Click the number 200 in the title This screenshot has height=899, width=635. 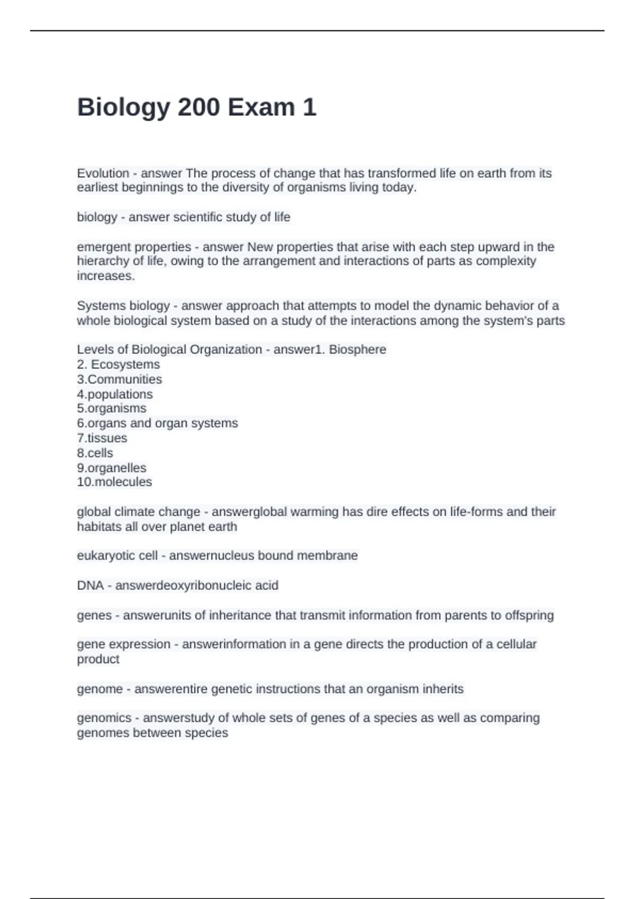point(198,107)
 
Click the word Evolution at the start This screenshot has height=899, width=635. point(103,173)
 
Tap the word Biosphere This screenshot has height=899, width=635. point(358,350)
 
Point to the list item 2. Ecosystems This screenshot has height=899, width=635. point(118,364)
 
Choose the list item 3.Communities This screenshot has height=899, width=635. point(120,379)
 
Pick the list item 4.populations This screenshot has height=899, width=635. point(115,394)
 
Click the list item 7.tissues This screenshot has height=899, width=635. point(102,438)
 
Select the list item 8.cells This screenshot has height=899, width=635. point(95,453)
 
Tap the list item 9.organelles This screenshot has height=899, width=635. point(112,467)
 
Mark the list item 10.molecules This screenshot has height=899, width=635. point(114,482)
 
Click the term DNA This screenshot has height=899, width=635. point(90,585)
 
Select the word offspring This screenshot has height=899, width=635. point(529,616)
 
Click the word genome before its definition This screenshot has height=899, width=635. point(100,689)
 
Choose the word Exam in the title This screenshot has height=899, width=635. point(261,107)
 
